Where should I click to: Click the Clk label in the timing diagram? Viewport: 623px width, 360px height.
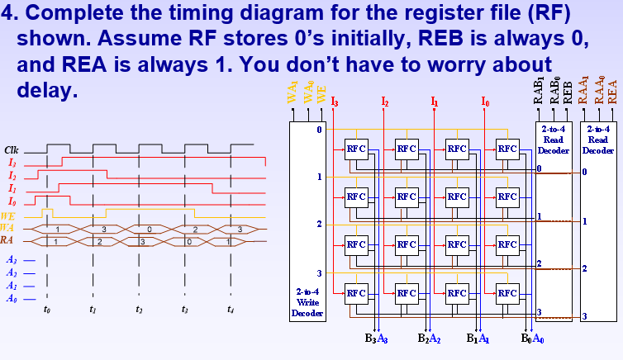[12, 150]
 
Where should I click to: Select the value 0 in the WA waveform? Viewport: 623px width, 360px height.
[149, 229]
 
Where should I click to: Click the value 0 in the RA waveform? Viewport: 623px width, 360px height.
[189, 241]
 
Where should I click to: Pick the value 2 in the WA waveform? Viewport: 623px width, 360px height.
[195, 229]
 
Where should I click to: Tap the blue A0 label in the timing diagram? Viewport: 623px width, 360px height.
[12, 299]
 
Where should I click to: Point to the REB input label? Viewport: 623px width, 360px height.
[568, 91]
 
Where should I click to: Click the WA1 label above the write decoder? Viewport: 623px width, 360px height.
[293, 93]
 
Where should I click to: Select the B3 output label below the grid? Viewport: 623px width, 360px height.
[371, 338]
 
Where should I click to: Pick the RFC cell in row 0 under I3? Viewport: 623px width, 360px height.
[356, 149]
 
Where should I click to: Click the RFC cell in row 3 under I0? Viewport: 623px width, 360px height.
[506, 292]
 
